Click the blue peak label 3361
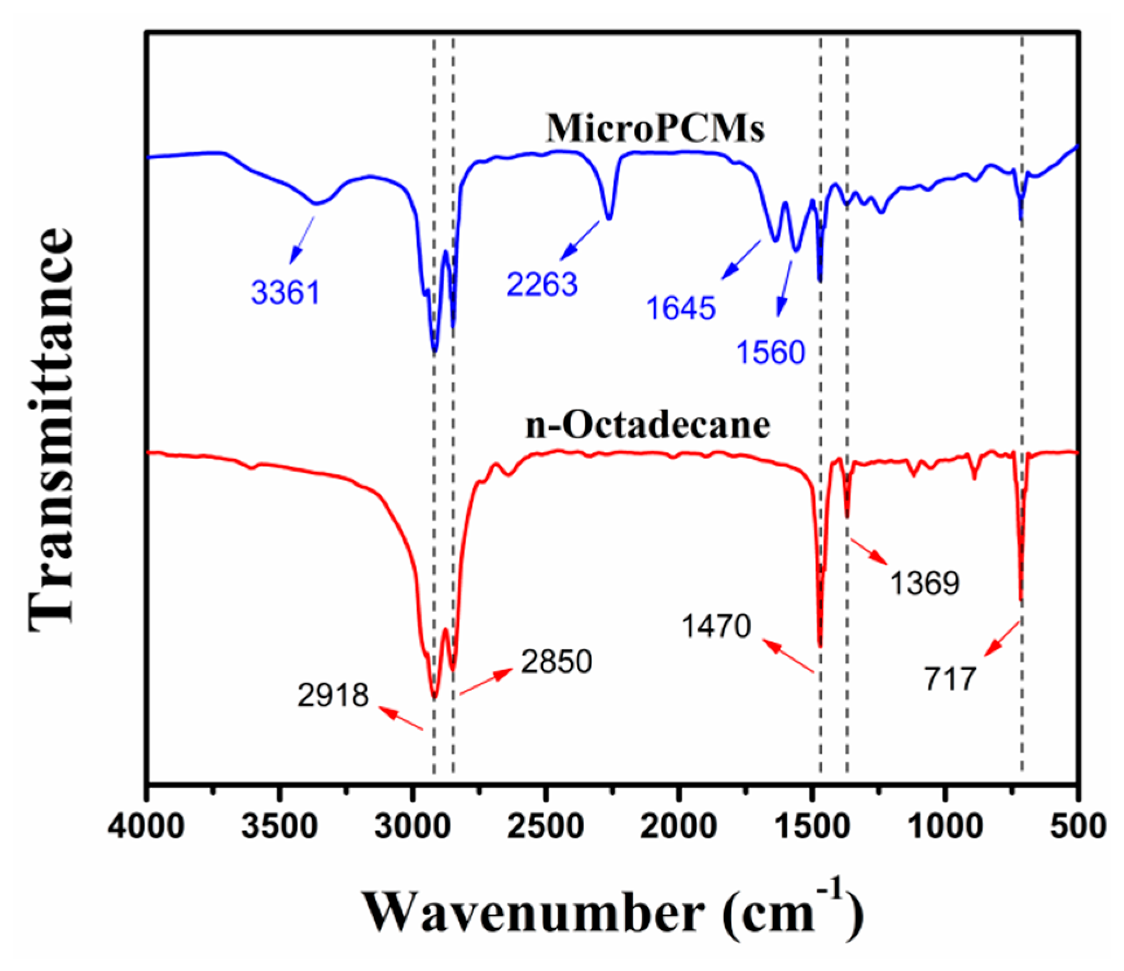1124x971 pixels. click(x=286, y=292)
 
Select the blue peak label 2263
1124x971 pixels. click(x=542, y=284)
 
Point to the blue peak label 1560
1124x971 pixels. click(x=771, y=352)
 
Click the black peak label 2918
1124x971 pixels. click(x=333, y=695)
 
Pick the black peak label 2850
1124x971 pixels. click(x=556, y=661)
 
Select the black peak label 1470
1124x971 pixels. click(x=716, y=626)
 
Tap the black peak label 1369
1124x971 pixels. click(x=925, y=583)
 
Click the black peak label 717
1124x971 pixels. click(x=950, y=678)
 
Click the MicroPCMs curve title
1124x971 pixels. click(x=654, y=128)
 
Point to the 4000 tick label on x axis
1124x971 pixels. click(x=146, y=826)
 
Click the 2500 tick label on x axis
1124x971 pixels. click(x=545, y=826)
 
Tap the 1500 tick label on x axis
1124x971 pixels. click(x=811, y=826)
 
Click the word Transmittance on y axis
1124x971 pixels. click(x=51, y=429)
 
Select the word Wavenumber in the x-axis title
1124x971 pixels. click(x=534, y=913)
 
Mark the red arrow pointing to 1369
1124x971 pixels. click(x=869, y=551)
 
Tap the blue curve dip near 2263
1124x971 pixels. click(x=610, y=218)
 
